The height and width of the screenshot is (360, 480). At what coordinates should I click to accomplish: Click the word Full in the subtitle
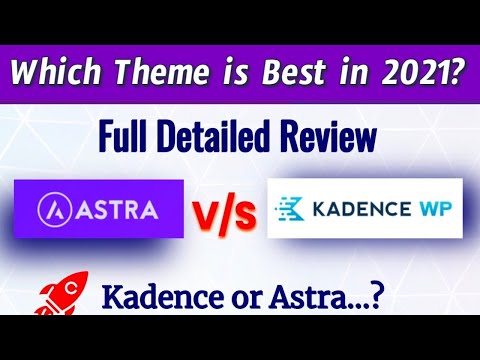(124, 136)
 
